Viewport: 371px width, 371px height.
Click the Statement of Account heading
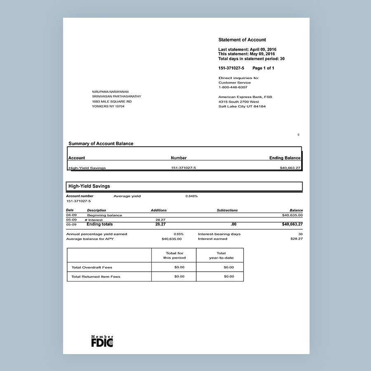point(242,40)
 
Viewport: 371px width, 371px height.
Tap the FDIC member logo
point(102,341)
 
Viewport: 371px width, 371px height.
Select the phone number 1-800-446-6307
point(233,87)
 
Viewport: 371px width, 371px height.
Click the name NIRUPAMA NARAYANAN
point(111,92)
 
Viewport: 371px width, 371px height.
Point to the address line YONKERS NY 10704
point(108,106)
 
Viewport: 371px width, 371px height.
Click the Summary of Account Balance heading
point(101,144)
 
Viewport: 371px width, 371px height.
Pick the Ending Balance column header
point(285,158)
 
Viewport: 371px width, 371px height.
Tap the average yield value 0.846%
point(191,196)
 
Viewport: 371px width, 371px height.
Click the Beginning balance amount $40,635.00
point(292,215)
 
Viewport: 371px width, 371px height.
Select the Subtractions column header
point(227,210)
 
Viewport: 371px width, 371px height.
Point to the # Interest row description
point(94,220)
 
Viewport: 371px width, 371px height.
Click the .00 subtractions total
point(233,225)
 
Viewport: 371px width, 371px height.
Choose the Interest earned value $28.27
point(296,239)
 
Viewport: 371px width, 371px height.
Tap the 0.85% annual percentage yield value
point(178,234)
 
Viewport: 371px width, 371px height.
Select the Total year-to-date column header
point(221,256)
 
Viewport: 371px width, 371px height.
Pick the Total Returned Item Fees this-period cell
point(179,277)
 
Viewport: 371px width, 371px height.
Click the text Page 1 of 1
point(263,68)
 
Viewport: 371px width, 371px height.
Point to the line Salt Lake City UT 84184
point(242,106)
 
